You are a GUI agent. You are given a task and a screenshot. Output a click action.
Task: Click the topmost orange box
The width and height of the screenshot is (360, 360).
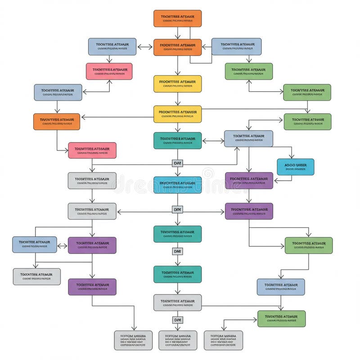pos(177,18)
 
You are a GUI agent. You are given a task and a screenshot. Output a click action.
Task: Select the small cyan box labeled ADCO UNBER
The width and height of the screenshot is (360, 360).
pos(296,166)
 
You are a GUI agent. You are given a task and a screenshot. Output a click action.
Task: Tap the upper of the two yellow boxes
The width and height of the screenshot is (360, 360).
pos(177,84)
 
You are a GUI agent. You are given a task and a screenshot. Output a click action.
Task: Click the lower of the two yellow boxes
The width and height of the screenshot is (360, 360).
pos(177,114)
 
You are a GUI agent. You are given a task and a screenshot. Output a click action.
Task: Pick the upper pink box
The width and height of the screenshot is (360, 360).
pos(109,71)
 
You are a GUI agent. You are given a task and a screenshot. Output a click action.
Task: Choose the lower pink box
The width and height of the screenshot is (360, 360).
pos(92,150)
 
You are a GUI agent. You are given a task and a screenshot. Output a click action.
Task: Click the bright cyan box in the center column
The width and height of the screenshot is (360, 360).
pos(177,185)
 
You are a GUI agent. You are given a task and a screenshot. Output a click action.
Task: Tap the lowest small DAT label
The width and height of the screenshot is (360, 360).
pos(178,319)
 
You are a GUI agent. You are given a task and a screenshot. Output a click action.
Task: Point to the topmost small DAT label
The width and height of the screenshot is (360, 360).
pos(178,163)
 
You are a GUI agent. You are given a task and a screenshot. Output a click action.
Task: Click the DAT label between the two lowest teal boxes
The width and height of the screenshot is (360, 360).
pos(178,251)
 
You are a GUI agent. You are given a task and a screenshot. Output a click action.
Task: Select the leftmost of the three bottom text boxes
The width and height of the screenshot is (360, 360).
pos(134,340)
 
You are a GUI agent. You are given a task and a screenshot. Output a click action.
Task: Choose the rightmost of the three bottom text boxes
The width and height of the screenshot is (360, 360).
pos(223,340)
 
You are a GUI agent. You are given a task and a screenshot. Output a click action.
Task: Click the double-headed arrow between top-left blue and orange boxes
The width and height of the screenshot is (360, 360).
pos(144,47)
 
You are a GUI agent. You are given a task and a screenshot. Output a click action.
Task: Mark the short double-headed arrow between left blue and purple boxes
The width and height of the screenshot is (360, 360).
pos(63,246)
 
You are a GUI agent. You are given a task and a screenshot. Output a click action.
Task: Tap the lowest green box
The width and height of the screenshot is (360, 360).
pos(281,319)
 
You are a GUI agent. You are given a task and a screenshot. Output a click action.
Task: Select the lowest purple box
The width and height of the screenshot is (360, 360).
pos(92,287)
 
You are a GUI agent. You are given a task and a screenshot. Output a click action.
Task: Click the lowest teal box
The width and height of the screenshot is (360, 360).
pos(177,274)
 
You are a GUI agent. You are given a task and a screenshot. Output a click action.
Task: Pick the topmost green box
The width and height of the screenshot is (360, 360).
pos(249,71)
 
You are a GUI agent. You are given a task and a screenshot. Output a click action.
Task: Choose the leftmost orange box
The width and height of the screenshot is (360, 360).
pos(57,121)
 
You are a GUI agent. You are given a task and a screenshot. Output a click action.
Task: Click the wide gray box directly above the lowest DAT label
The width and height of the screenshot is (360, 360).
pos(177,302)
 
